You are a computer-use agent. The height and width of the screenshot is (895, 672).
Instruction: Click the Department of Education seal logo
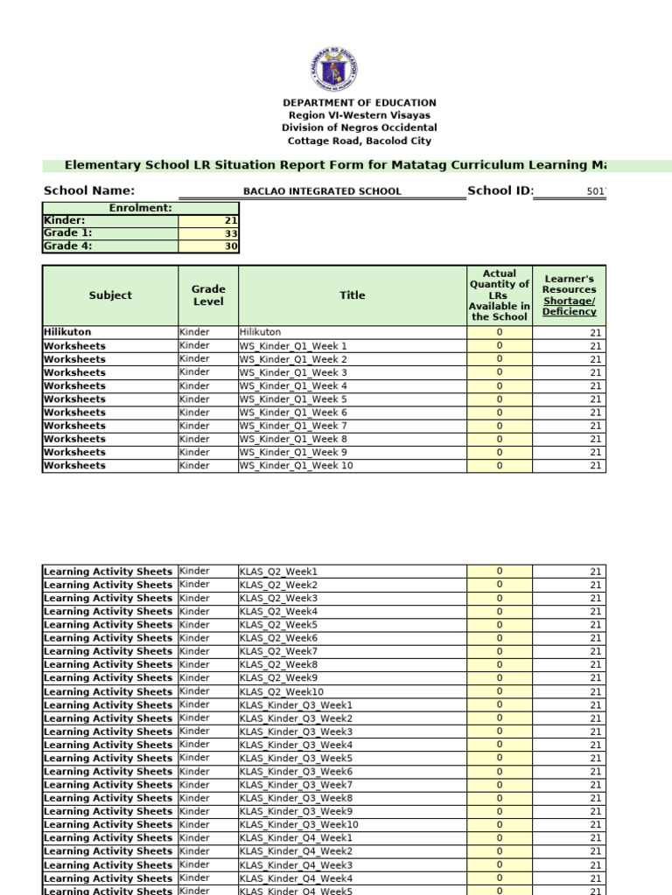(x=333, y=68)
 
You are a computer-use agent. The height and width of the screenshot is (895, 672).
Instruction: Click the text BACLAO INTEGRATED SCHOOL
(x=322, y=191)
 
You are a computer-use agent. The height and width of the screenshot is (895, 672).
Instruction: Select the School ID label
(x=500, y=191)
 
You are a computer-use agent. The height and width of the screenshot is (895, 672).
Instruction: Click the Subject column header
(x=110, y=295)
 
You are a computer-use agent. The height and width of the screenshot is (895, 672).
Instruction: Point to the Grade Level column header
(x=208, y=295)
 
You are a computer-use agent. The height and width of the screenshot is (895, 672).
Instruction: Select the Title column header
(x=353, y=295)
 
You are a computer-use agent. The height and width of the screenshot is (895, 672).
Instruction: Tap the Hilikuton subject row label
(x=67, y=332)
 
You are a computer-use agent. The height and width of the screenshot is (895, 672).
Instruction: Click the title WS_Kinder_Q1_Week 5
(x=293, y=399)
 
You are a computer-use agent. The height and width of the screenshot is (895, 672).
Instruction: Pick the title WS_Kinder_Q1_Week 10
(x=296, y=466)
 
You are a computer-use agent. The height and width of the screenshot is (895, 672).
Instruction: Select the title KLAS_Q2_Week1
(x=279, y=572)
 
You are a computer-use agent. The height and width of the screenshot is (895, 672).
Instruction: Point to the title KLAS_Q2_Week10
(x=282, y=691)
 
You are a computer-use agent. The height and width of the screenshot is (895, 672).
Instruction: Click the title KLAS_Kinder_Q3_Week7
(x=297, y=785)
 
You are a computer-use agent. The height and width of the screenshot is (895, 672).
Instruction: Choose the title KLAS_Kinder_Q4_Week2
(x=297, y=851)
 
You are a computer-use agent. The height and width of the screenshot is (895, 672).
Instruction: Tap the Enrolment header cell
(x=140, y=208)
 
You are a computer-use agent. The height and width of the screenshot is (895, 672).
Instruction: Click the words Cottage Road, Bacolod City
(x=360, y=141)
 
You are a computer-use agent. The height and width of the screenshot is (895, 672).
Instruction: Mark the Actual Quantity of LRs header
(x=499, y=295)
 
